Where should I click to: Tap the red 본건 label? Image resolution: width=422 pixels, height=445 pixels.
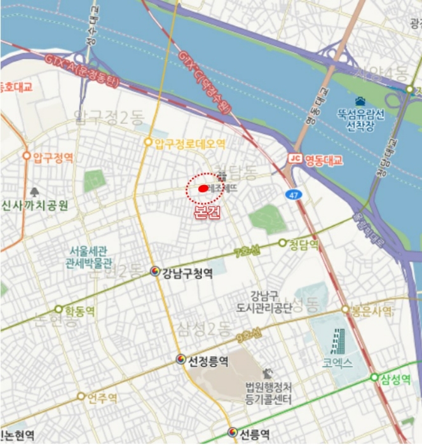point(207,212)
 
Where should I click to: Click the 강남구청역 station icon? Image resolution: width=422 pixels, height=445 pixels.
point(155,272)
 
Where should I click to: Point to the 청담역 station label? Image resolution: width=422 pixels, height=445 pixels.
point(303,243)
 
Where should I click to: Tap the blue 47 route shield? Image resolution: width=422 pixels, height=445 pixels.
point(292,194)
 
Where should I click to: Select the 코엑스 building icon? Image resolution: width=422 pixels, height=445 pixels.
point(338,341)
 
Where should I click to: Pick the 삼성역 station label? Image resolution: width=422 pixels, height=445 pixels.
point(394,379)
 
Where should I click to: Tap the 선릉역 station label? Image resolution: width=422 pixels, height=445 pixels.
point(254,434)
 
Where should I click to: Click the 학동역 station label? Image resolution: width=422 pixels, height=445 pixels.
point(80,311)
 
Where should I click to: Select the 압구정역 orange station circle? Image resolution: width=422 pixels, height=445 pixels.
point(27,156)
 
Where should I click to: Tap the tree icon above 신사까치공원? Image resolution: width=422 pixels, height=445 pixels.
point(34,191)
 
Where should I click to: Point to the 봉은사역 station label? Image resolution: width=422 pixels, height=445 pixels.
point(372,311)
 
